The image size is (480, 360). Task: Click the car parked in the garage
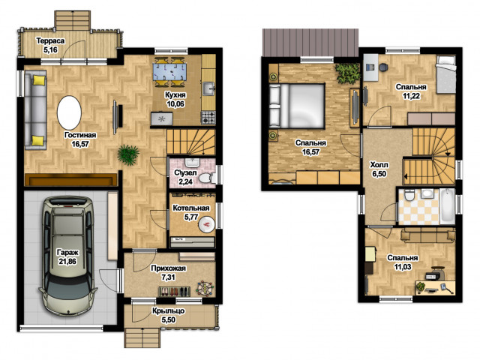coord(67,256)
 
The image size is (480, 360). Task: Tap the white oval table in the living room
coord(70,112)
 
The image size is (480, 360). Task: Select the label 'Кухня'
coord(175,95)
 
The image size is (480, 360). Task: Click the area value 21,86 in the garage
coord(67,262)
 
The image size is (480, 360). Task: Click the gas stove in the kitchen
coord(208,118)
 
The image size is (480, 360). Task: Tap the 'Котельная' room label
coord(191,208)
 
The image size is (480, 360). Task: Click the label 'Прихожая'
coord(168,268)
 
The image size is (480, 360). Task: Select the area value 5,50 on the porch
coord(168,319)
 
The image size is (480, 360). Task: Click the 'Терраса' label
coord(50,40)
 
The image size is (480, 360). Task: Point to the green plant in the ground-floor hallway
coord(128,155)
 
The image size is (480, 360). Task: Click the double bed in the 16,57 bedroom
coord(297,106)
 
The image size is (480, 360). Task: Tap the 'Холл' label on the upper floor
coord(379,165)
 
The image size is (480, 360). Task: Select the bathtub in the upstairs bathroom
coord(447,206)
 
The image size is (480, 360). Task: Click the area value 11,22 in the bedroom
coord(411,96)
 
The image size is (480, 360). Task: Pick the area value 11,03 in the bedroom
coord(403,267)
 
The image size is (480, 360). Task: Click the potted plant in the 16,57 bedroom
coord(348,73)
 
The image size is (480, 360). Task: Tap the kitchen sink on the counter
coord(209,88)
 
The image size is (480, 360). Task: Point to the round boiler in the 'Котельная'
coord(207,225)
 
